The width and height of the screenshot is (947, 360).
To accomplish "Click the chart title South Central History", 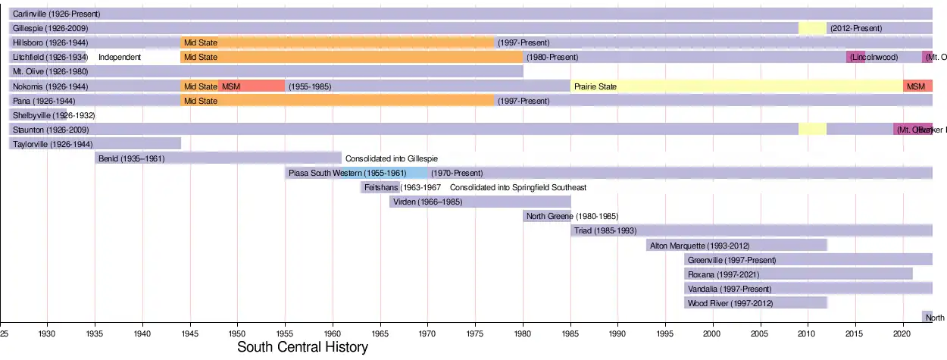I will click(302, 348).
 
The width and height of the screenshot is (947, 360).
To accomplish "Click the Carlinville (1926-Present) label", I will click(56, 14).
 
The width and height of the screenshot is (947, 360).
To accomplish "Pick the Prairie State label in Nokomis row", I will click(595, 86).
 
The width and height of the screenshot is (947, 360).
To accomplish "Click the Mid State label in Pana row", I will click(201, 101).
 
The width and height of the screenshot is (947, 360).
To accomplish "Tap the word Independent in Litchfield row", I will click(120, 58).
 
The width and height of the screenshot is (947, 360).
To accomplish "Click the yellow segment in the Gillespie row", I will click(812, 28).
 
